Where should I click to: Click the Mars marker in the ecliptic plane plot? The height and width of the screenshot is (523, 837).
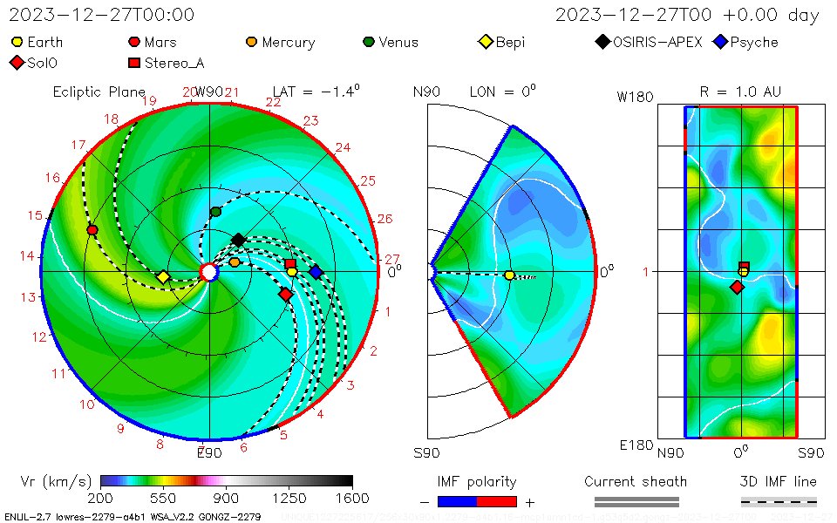pos(92,229)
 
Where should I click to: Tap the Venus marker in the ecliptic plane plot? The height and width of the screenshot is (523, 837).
pos(216,212)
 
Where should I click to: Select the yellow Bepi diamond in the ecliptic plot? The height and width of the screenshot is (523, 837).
pos(163,277)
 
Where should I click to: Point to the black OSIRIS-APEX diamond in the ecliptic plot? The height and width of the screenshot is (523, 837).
pos(238,240)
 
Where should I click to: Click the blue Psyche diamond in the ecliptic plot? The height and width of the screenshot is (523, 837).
pos(316,273)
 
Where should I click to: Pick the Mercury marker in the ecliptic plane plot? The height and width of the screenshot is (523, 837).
pos(235,261)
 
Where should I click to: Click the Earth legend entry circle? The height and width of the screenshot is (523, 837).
pos(17,42)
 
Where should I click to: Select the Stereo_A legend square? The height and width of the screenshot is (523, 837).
pos(134,63)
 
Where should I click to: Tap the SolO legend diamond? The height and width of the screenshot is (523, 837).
pos(17,63)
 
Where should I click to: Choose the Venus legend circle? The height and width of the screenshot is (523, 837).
pos(368,42)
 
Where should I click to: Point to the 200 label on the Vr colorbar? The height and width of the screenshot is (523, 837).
pos(100,499)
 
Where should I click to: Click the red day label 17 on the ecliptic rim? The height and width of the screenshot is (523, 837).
pos(79,146)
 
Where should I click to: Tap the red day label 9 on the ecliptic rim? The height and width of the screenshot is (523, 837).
pos(120,428)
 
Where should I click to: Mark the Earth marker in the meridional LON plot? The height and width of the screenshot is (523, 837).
pos(509,275)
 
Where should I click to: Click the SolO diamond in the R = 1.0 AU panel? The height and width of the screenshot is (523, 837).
pos(737,287)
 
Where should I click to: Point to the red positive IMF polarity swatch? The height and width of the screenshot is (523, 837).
pos(497,501)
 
